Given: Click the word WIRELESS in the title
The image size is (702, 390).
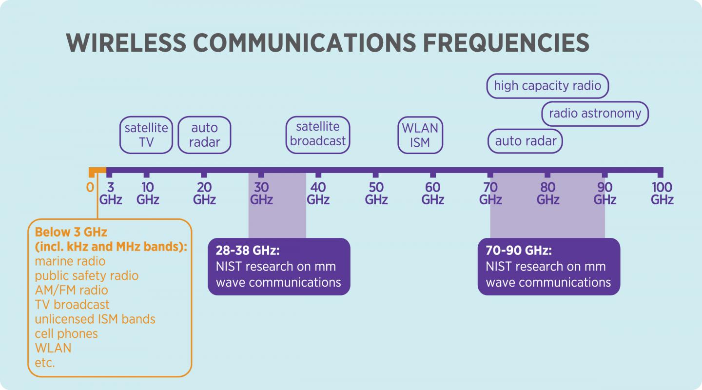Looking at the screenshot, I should tap(126, 43).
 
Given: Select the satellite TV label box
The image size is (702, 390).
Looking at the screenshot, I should tap(146, 135).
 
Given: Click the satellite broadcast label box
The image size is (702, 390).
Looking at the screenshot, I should tap(318, 134).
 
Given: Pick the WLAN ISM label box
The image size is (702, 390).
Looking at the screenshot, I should tap(420, 135).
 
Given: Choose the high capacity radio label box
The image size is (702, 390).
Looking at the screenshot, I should tap(547, 86).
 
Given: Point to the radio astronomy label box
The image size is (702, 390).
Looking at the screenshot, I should tap(595, 114).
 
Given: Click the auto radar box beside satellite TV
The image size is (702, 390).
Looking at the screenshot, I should tap(204, 135).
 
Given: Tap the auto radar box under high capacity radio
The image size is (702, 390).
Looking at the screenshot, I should tap(526, 141).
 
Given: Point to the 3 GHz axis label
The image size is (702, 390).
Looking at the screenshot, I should tap(111, 193).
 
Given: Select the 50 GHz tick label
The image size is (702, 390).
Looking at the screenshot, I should tap(376, 193).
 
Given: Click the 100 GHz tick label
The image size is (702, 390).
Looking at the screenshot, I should tap(662, 193).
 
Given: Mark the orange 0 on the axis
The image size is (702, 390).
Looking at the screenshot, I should tap(90, 187).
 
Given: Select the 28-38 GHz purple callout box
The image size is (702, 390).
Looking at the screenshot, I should tap(279, 266).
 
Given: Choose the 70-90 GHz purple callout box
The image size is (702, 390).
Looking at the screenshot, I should tap(548, 266).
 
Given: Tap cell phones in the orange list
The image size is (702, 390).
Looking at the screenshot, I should tap(66, 334).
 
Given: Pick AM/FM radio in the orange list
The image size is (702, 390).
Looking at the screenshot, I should tap(71, 290).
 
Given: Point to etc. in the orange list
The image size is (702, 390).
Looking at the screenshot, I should tap(45, 363).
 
